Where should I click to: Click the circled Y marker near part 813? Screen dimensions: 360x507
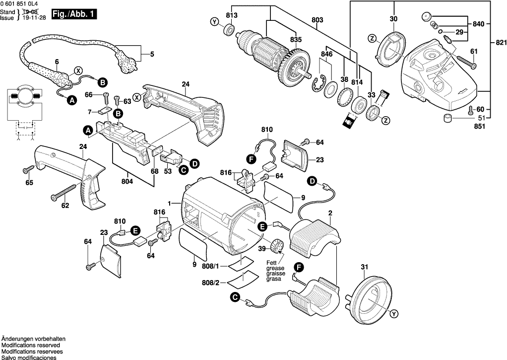(x=214, y=22)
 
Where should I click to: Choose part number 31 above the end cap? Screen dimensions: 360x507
(x=365, y=268)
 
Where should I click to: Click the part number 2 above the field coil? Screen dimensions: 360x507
(x=330, y=213)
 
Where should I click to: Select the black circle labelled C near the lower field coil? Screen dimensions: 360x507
(x=235, y=297)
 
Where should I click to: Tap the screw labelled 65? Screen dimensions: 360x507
(x=26, y=170)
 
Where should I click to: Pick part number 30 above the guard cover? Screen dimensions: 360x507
(x=393, y=19)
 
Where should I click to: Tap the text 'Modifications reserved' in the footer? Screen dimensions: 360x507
(x=31, y=345)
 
